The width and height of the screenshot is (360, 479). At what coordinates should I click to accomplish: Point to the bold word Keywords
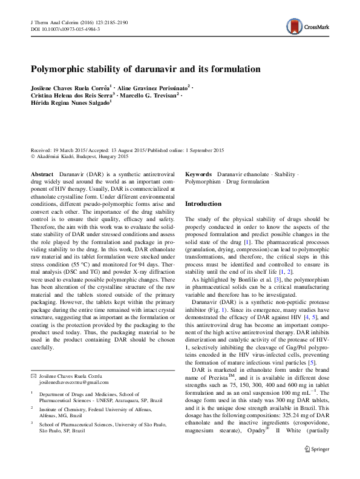coord(199,173)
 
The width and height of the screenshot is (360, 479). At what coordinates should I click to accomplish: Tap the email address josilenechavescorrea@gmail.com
coord(74,382)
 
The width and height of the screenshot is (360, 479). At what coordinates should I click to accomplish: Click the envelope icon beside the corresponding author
coord(33,376)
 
